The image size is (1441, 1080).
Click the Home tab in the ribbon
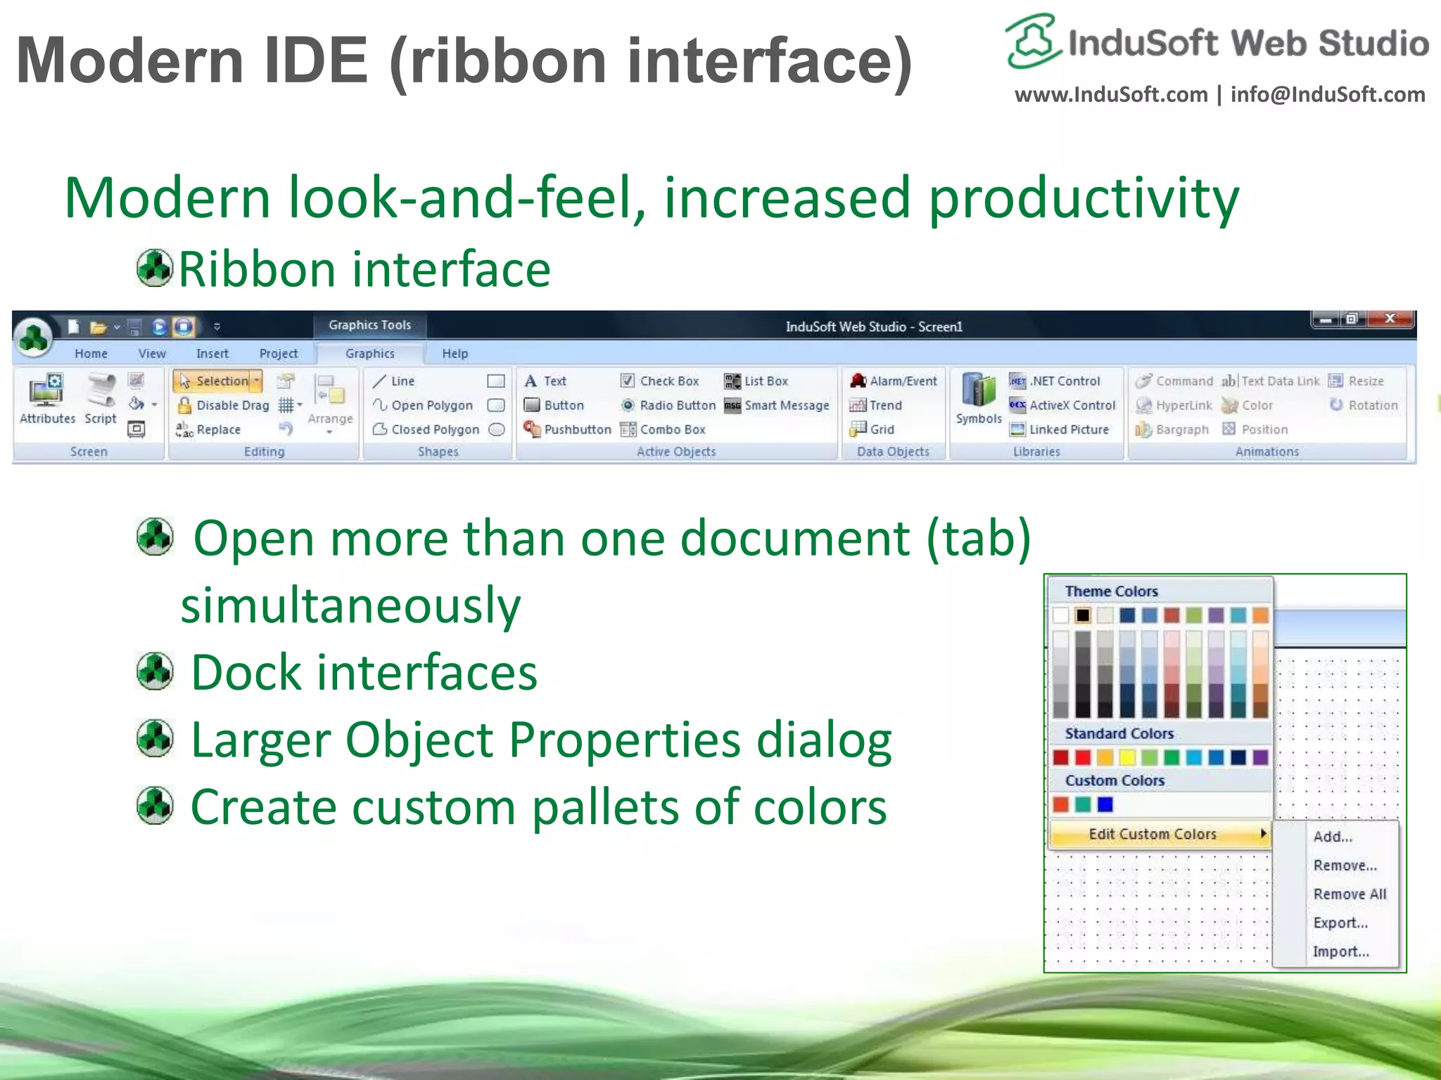pos(91,354)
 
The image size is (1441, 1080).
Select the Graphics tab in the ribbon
pos(369,354)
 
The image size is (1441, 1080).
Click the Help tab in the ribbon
pos(455,354)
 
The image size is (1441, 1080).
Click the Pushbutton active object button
pos(568,430)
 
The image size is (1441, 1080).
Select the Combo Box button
pos(663,430)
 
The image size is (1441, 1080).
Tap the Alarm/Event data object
pos(894,381)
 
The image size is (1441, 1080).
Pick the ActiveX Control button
pos(1062,406)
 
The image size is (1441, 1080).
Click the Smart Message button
pos(777,406)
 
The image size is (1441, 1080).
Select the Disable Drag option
pos(223,406)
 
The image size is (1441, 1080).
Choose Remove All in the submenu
pos(1349,894)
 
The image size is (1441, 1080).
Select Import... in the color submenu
pos(1340,952)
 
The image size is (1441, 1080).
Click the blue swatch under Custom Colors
pos(1105,804)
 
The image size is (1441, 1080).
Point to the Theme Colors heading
pos(1111,591)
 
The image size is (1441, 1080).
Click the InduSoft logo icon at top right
pos(1032,41)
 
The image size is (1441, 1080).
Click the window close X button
pos(1390,319)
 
